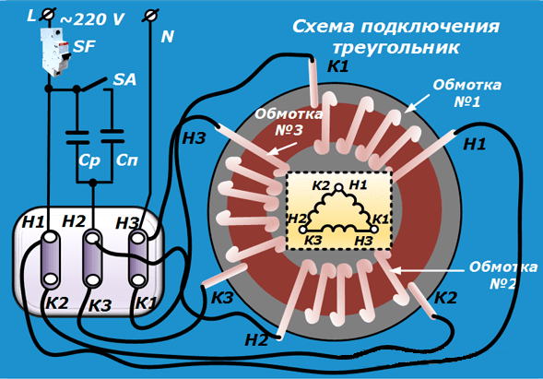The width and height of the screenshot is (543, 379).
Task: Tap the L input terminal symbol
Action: (x=47, y=15)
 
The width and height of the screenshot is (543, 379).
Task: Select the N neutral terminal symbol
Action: (x=150, y=16)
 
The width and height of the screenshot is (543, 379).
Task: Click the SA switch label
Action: (x=124, y=79)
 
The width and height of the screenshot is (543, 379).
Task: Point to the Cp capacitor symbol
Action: (x=77, y=137)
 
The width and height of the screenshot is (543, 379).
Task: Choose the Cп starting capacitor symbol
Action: (x=112, y=136)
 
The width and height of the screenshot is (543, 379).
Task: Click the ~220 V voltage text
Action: (x=92, y=19)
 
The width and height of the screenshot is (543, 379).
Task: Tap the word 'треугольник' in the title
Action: (x=396, y=47)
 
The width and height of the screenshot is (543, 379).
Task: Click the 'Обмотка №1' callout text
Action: (x=466, y=93)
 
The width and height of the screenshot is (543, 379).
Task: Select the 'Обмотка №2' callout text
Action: (x=503, y=276)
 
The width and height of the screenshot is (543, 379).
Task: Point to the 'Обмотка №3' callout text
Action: (x=289, y=122)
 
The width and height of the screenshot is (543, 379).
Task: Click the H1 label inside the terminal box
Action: (x=33, y=222)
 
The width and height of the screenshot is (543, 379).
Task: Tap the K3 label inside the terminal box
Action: (x=100, y=305)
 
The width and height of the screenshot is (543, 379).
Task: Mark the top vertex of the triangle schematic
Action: (x=339, y=187)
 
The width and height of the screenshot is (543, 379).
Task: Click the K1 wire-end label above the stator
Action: (x=338, y=66)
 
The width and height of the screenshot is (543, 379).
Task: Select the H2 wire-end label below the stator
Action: (x=256, y=340)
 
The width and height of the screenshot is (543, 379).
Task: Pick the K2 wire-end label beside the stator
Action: (x=445, y=298)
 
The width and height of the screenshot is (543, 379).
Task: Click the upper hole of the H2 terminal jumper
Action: (x=92, y=238)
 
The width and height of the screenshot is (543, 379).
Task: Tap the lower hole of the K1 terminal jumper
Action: (x=138, y=279)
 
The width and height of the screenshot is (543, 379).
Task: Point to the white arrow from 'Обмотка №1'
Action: (x=417, y=103)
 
